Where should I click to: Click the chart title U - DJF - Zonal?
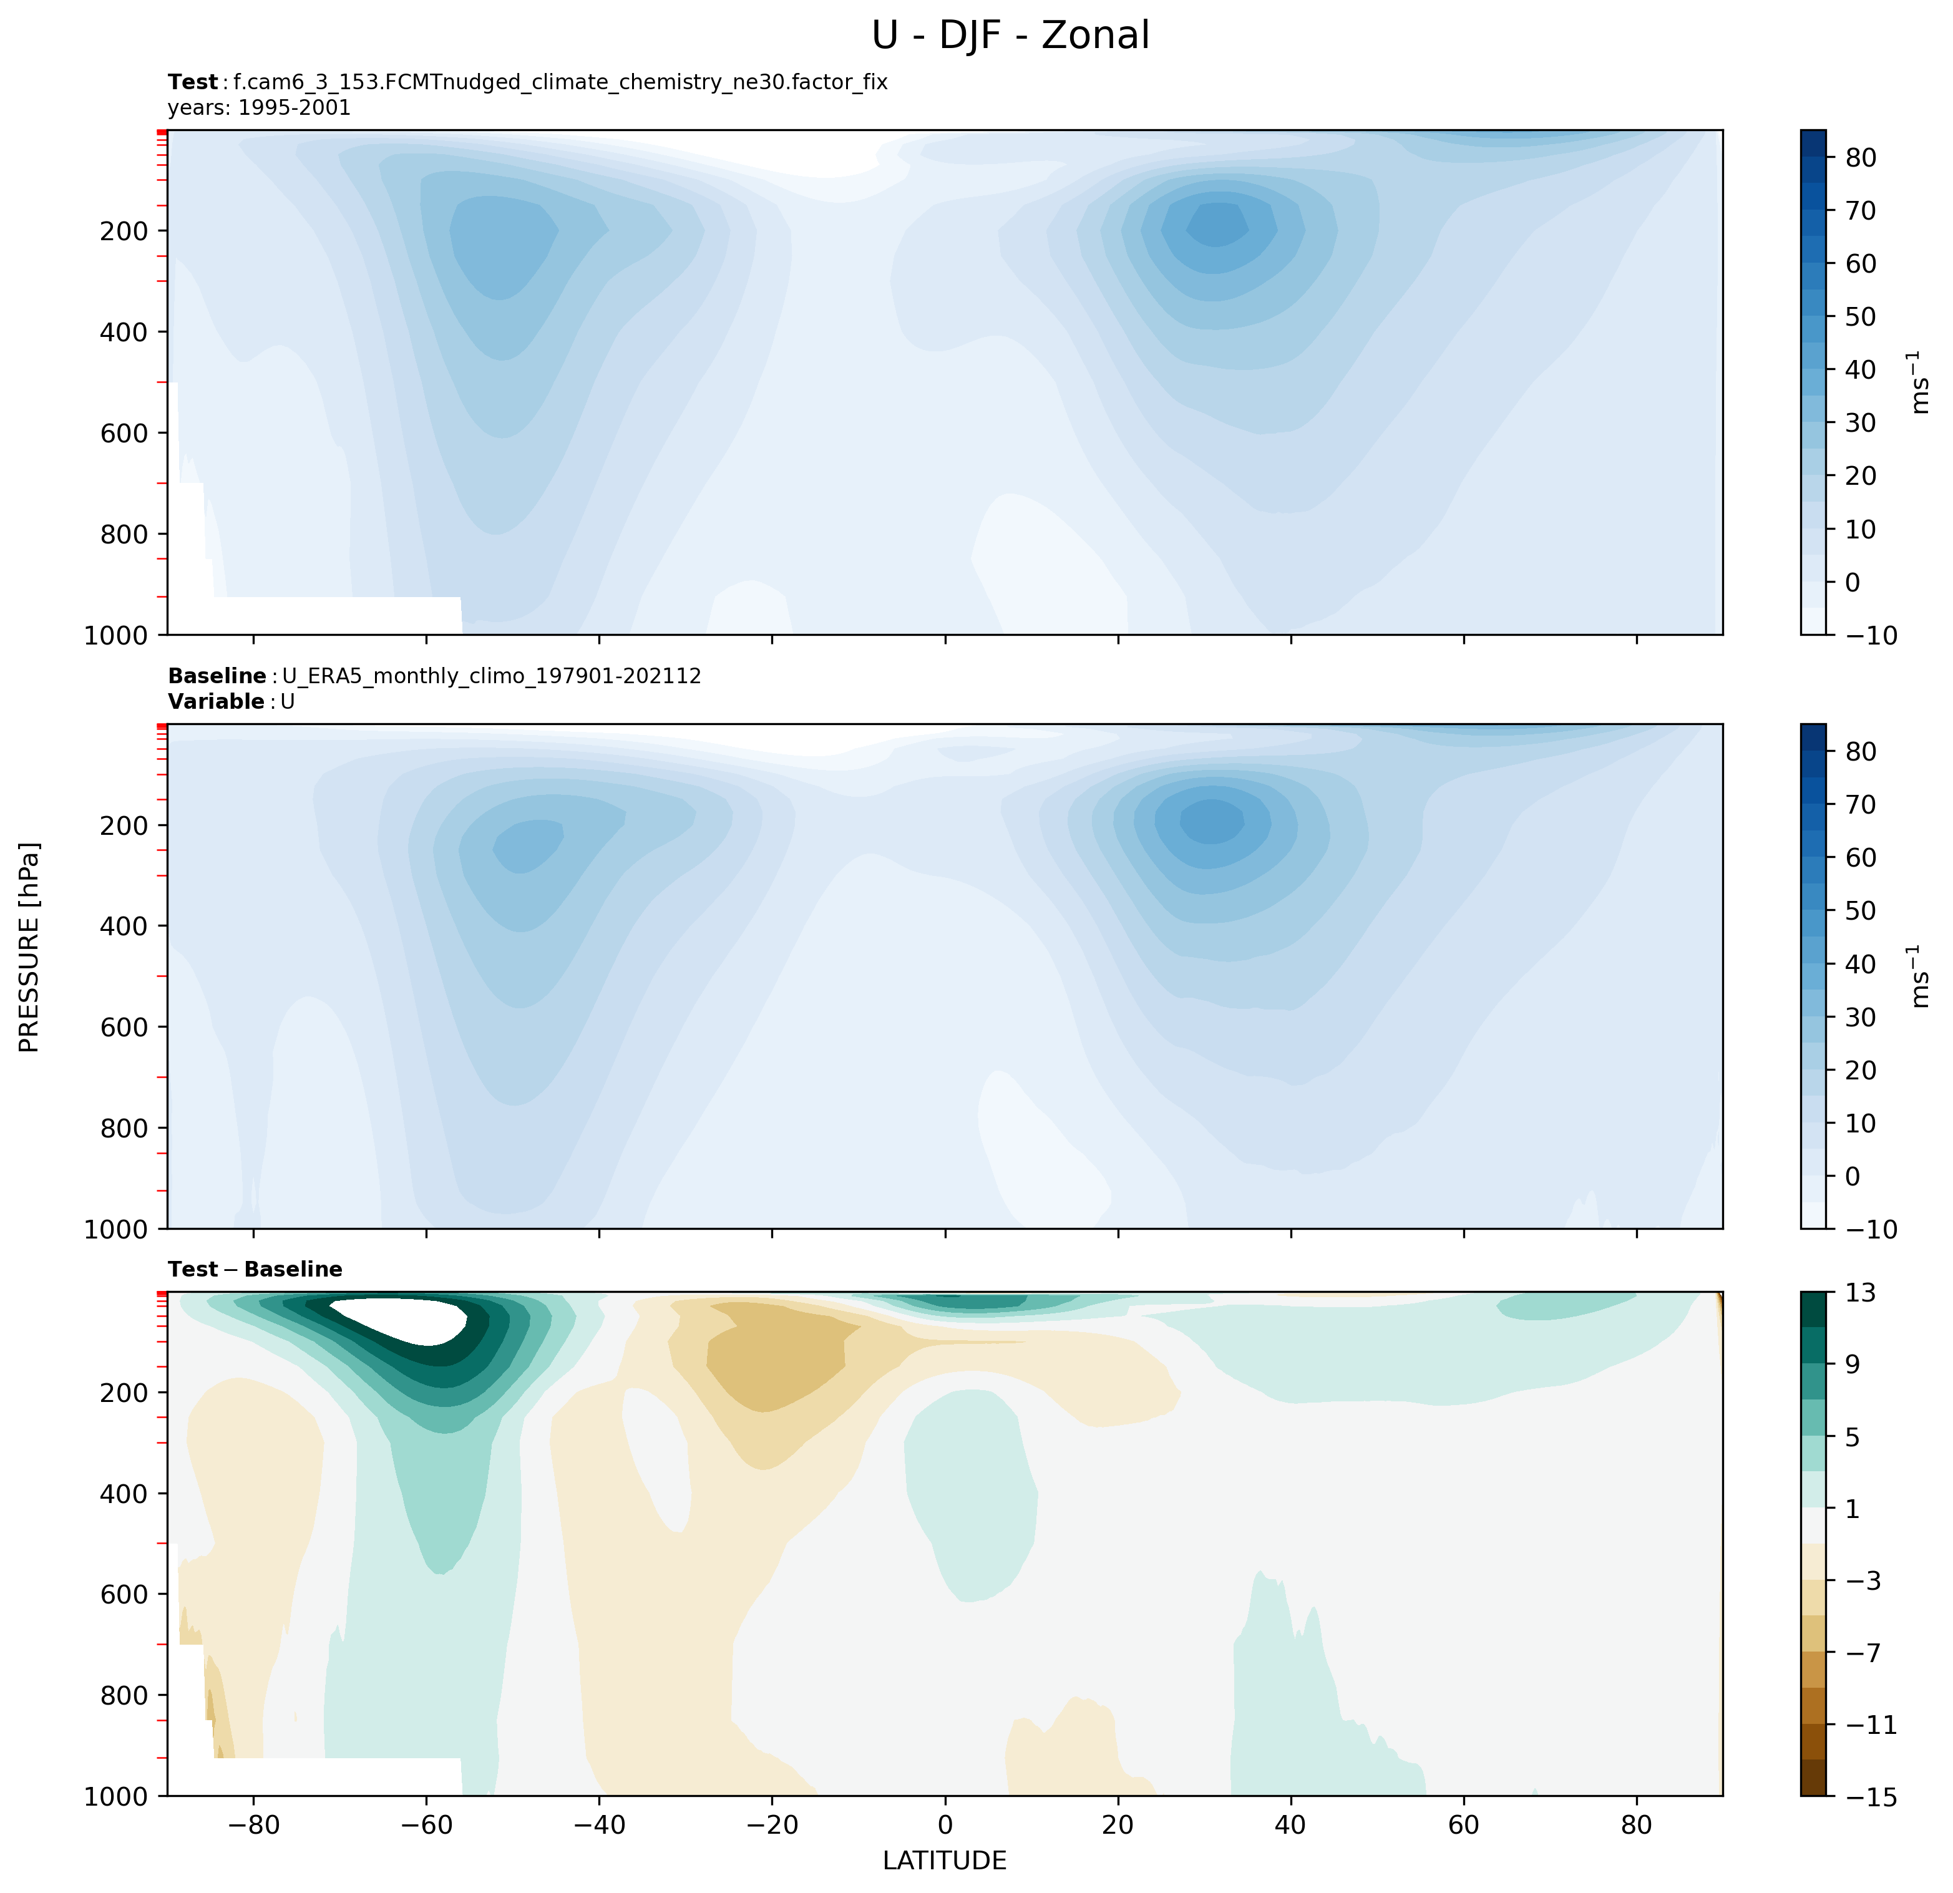(x=1010, y=36)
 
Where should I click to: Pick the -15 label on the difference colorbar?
(x=1873, y=1796)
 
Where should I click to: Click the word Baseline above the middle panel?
(x=217, y=676)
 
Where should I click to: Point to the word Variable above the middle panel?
(x=215, y=701)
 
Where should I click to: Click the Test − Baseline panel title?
(x=255, y=1269)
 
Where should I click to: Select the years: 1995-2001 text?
(x=259, y=107)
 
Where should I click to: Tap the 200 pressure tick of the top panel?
(x=125, y=231)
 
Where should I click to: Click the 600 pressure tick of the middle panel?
(x=125, y=1027)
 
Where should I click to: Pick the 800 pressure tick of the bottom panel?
(x=125, y=1695)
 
